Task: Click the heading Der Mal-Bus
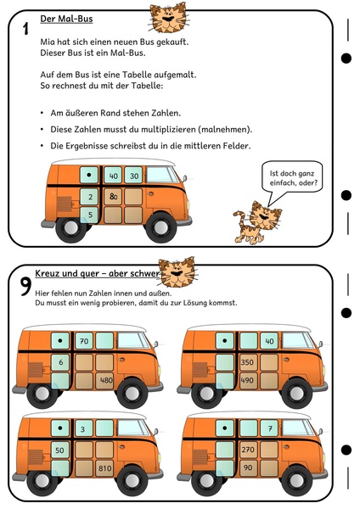(66, 20)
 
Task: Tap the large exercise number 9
(25, 287)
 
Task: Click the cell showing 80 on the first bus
(113, 197)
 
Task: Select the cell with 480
(104, 380)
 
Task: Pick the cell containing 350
(249, 362)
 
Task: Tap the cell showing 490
(249, 380)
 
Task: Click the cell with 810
(104, 468)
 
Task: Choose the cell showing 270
(249, 450)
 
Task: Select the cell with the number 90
(249, 468)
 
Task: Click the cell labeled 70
(84, 341)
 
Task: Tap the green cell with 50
(60, 450)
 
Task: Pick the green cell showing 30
(133, 176)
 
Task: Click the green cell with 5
(89, 215)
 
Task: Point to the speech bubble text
(292, 178)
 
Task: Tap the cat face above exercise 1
(169, 18)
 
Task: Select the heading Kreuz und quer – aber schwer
(98, 273)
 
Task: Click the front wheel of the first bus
(160, 227)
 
